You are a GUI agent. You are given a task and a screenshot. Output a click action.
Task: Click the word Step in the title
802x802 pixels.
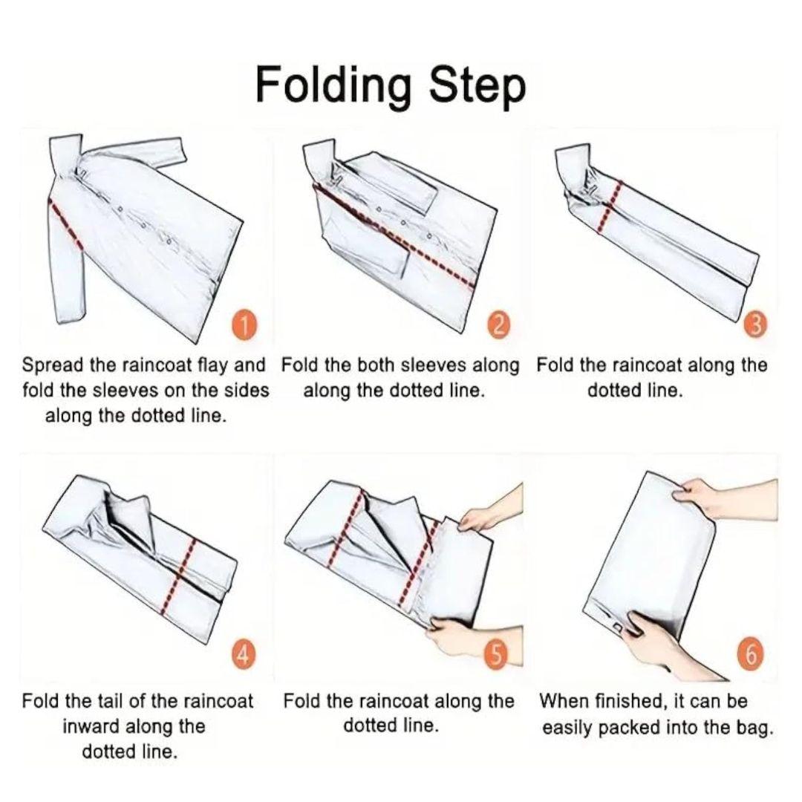click(477, 87)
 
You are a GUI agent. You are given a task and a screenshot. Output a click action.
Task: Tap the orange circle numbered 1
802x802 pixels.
click(247, 326)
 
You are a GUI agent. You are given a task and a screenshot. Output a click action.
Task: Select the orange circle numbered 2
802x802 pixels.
click(500, 325)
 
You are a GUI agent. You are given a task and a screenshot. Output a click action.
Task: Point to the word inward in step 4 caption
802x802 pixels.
click(91, 726)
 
